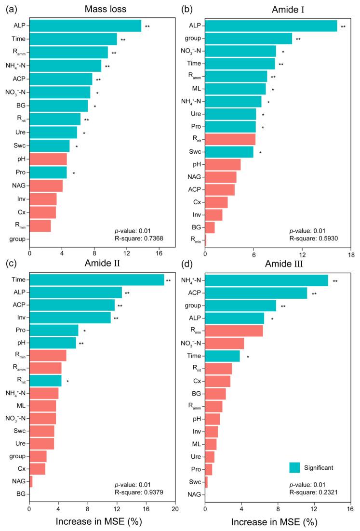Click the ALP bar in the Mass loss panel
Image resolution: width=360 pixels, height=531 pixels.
(x=85, y=26)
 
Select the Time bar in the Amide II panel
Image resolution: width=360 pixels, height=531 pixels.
(x=96, y=279)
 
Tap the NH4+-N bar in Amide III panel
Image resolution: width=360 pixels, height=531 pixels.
(x=267, y=280)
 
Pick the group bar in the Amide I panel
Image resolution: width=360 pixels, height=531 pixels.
(x=249, y=39)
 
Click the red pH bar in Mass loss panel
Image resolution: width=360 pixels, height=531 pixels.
(x=48, y=159)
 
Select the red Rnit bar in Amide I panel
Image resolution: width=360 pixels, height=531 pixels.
(x=230, y=139)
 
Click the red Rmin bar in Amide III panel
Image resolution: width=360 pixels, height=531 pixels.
(x=234, y=331)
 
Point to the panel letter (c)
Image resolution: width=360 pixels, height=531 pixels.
(x=8, y=264)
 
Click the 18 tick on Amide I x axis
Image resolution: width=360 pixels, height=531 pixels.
(x=351, y=254)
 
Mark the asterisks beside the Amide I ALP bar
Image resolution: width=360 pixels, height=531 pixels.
(x=343, y=27)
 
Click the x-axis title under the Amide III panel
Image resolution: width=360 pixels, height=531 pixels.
(x=277, y=522)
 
